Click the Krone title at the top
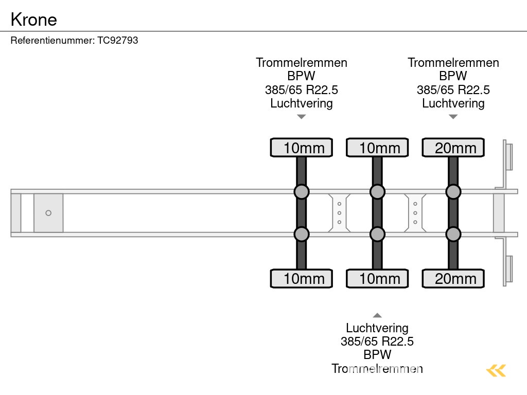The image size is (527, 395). [x=34, y=19]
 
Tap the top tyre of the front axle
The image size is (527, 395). [x=302, y=148]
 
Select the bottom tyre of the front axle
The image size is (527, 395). [x=302, y=278]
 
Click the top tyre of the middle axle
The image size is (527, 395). [x=377, y=148]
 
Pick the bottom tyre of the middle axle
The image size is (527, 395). [x=377, y=278]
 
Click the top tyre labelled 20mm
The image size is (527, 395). [x=453, y=148]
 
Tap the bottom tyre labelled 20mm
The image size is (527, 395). [x=453, y=278]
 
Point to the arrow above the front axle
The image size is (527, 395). [x=302, y=117]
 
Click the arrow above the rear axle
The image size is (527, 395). [x=453, y=117]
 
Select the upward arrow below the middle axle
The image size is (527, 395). [x=377, y=315]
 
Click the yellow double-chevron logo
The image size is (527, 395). [x=496, y=370]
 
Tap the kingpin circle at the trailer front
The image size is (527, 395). [x=48, y=213]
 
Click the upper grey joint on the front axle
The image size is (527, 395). [x=302, y=192]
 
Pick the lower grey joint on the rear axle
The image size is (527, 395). [x=453, y=235]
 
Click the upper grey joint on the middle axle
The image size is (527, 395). [x=377, y=192]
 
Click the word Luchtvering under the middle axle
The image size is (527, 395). [x=377, y=328]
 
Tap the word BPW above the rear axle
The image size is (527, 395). [x=453, y=76]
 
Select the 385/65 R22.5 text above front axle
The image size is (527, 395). [x=302, y=89]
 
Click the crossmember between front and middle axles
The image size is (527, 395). [x=340, y=213]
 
